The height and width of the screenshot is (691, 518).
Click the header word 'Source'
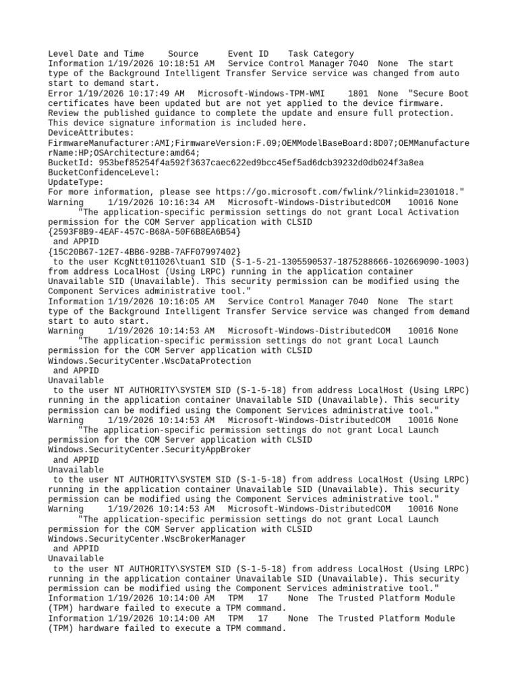[183, 54]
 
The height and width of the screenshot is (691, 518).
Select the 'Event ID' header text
[248, 54]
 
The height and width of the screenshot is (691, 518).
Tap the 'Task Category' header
[320, 54]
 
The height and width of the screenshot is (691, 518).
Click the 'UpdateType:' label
[76, 182]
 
